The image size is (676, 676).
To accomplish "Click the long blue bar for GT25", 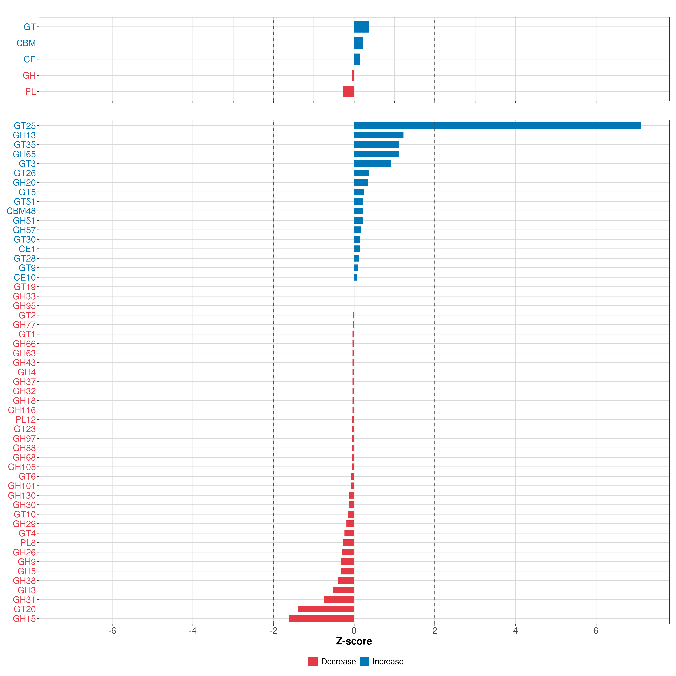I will (x=497, y=126).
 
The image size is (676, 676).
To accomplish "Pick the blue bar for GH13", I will (x=379, y=135).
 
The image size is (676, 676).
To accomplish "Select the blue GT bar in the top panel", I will (x=361, y=27).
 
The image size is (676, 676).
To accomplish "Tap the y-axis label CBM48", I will (x=21, y=211).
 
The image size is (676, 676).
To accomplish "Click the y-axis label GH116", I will (x=22, y=410).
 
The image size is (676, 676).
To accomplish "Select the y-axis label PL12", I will (x=25, y=420).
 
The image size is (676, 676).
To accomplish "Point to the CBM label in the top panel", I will (x=26, y=43).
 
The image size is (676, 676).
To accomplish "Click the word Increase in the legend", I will (x=388, y=661).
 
